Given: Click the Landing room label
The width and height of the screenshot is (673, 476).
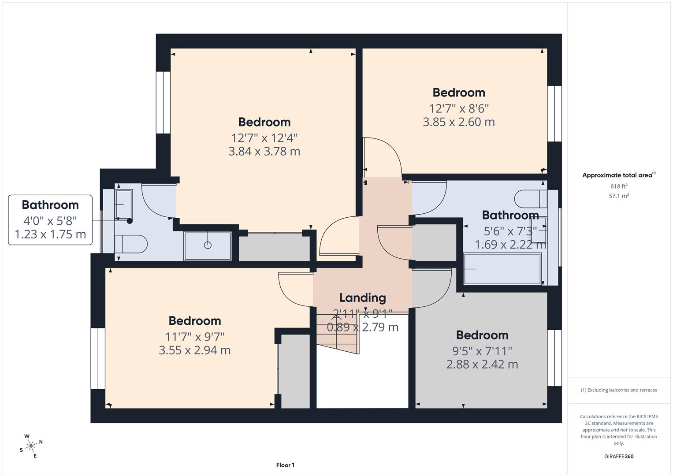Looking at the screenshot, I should [x=362, y=298].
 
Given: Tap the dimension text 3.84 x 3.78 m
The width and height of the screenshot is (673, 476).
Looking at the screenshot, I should [x=264, y=152].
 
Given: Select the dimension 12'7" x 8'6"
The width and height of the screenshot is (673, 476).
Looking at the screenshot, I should [x=459, y=108].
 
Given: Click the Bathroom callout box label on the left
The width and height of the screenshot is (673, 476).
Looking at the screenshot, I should [x=50, y=205].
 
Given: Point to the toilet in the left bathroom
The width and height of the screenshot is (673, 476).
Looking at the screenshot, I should [x=131, y=244].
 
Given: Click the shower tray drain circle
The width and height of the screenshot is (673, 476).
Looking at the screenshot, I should [x=208, y=245].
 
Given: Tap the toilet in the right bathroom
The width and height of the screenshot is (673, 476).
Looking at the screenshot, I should [x=531, y=199].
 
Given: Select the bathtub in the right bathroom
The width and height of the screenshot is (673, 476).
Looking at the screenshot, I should [x=502, y=269].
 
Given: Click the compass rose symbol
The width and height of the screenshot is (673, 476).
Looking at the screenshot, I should [x=31, y=446].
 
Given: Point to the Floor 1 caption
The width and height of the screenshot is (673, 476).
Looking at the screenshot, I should [x=285, y=465].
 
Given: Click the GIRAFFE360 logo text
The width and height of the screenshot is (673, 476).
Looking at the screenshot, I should [x=618, y=456].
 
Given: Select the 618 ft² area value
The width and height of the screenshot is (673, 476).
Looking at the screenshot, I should [x=618, y=186].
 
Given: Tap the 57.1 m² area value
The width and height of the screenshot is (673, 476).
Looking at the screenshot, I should [x=618, y=196].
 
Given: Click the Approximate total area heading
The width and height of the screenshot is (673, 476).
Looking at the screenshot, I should [x=618, y=175].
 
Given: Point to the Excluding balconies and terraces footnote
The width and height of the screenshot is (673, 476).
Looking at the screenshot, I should [x=618, y=390].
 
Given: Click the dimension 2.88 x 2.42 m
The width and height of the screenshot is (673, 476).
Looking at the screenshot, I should [x=482, y=364].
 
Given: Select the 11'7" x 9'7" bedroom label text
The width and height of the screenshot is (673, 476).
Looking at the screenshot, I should [x=195, y=337].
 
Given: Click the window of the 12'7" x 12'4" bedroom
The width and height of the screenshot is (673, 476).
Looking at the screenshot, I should [x=163, y=102].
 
